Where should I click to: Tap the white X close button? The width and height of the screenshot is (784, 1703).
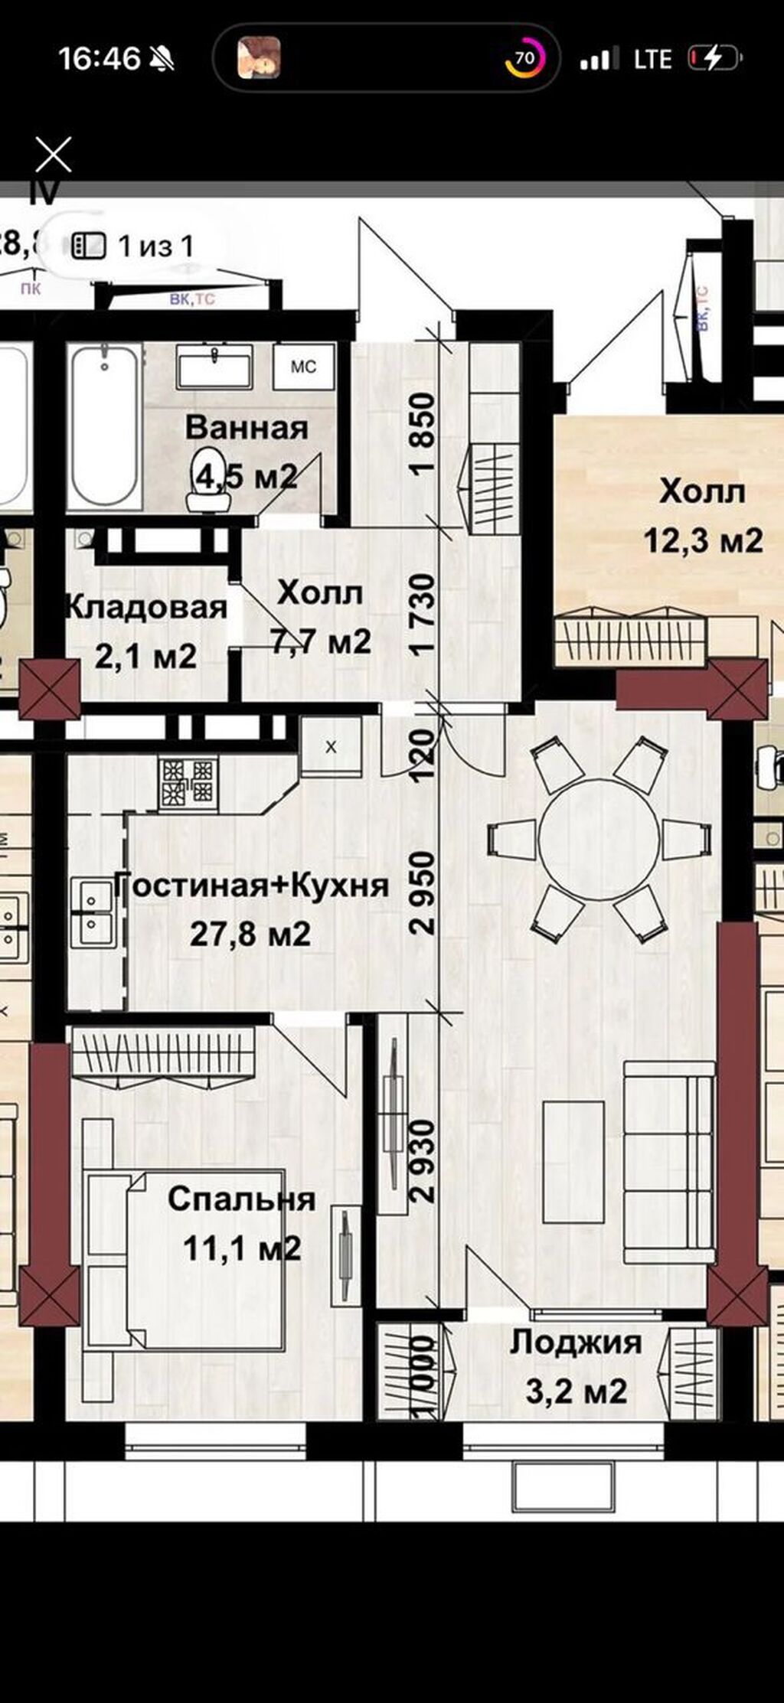pos(54,155)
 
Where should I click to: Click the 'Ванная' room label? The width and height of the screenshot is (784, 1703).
pos(247,427)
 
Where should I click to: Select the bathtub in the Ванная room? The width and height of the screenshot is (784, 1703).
pos(104,426)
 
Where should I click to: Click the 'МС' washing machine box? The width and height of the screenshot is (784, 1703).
pos(303,367)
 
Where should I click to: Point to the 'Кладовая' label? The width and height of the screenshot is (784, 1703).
pos(145,607)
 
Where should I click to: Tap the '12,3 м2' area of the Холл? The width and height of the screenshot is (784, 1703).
pos(703,540)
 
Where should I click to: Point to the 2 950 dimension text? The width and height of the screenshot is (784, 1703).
pos(423,893)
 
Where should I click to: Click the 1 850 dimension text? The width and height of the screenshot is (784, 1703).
pos(423,433)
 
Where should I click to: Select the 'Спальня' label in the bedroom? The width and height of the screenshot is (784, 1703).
pos(241,1198)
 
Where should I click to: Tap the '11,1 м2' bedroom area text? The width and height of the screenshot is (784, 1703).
pos(241,1248)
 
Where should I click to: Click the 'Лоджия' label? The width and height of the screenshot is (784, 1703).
pos(576,1342)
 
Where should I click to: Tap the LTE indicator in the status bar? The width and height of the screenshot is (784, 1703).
pos(652,59)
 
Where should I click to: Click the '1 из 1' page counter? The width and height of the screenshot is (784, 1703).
pos(155,246)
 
